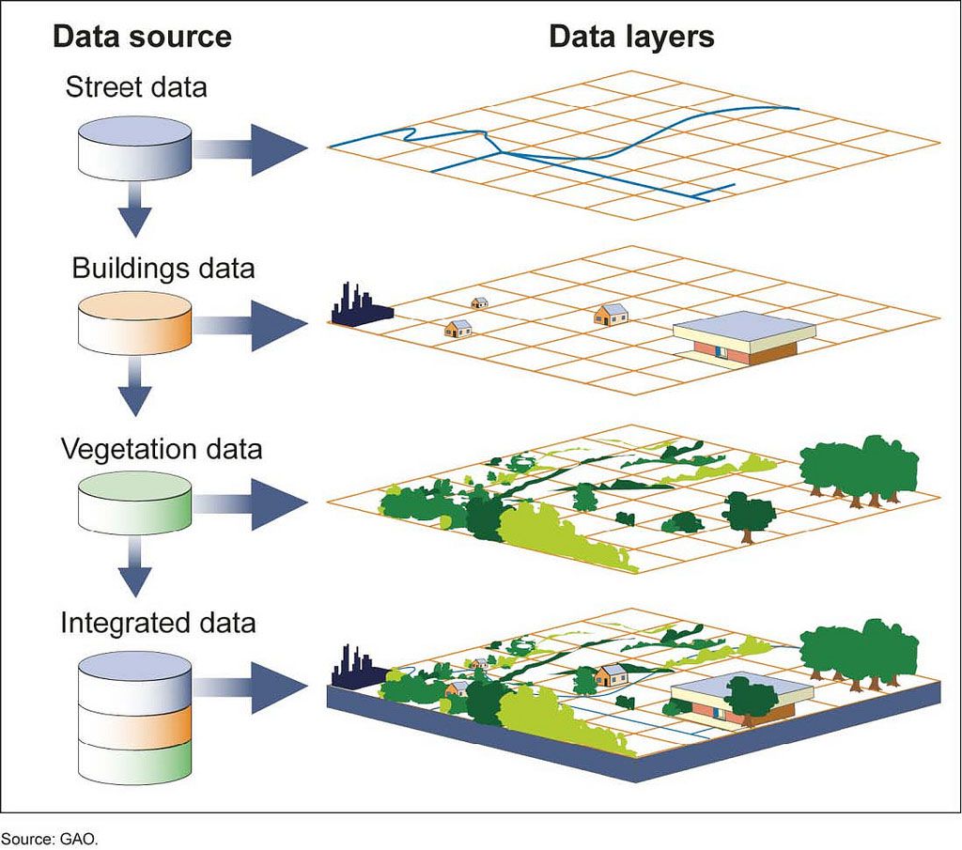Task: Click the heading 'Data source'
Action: point(142,37)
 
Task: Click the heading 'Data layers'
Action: point(631,37)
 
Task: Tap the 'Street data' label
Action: point(136,88)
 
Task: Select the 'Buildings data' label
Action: point(163,268)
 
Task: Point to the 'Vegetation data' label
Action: point(162,448)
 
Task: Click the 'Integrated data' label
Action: point(158,623)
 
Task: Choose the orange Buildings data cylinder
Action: point(132,324)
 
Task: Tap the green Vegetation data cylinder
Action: point(132,503)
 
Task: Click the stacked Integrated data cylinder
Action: point(132,713)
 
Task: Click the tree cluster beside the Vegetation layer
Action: point(858,470)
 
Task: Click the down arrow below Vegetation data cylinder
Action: point(135,570)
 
